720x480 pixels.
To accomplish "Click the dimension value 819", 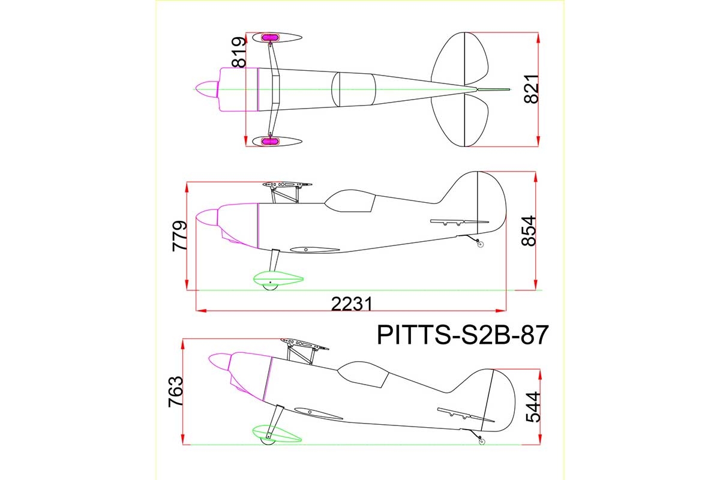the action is (239, 52).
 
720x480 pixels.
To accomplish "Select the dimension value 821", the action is (531, 89).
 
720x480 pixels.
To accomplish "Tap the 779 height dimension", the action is (179, 236).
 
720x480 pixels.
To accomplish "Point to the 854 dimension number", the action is (529, 231).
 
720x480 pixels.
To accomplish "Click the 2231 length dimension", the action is (352, 304).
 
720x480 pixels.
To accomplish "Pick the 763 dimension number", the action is (175, 392).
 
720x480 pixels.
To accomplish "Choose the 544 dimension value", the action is (533, 407).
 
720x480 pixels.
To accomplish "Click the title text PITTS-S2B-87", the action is (463, 335).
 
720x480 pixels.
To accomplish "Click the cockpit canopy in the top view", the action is (353, 89).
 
